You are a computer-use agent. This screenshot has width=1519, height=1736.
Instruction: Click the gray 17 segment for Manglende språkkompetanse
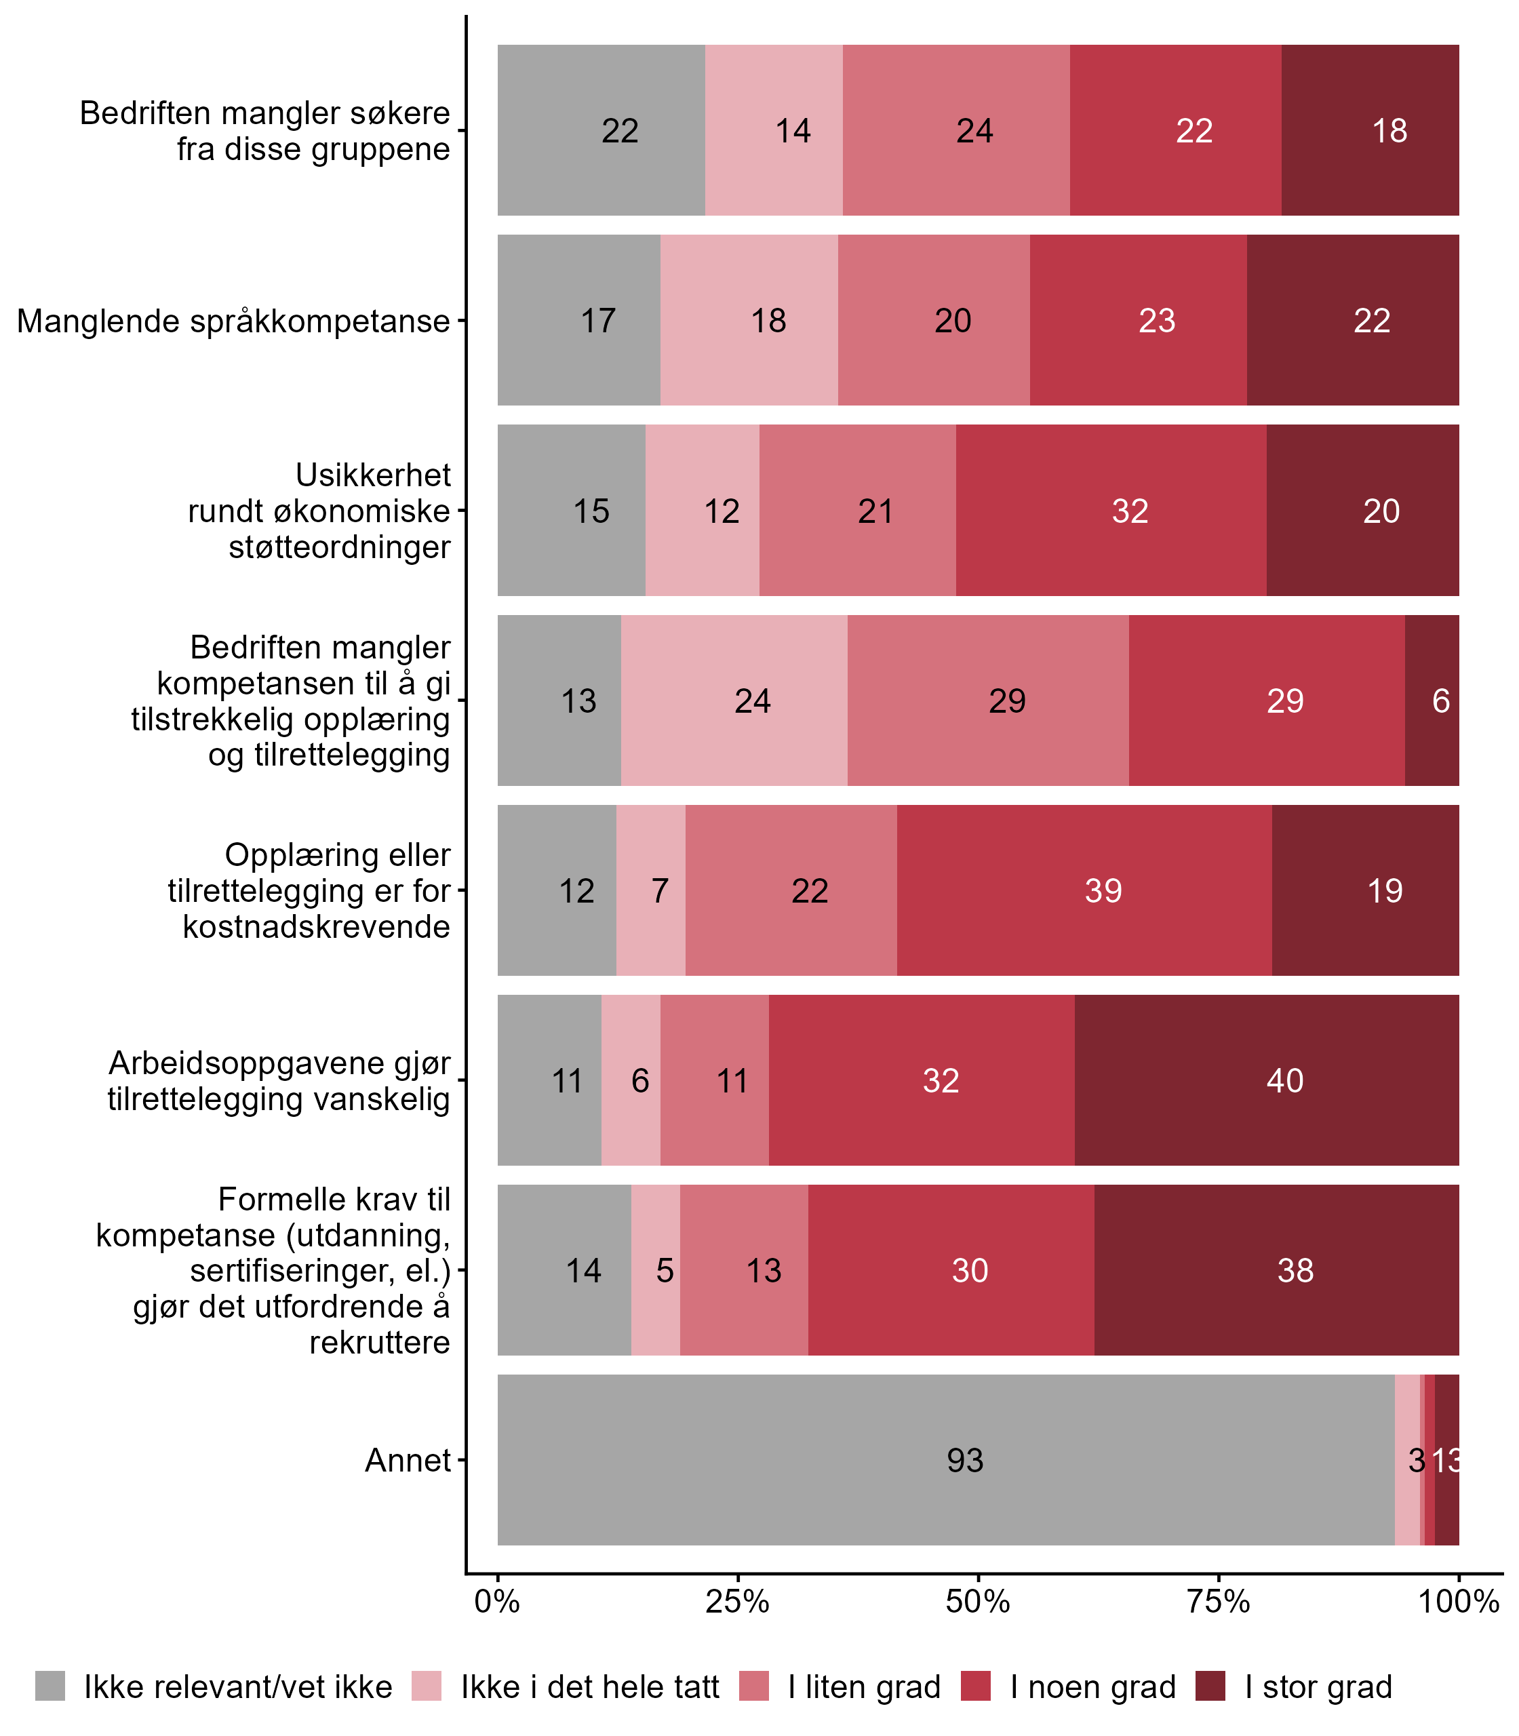click(x=579, y=320)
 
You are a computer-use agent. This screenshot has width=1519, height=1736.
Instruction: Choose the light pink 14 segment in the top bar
click(x=774, y=130)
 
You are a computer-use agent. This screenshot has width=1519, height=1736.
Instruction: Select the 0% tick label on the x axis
click(x=496, y=1601)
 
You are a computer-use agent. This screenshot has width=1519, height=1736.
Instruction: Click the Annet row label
click(x=408, y=1461)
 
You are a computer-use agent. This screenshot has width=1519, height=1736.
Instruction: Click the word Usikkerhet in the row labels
click(x=373, y=475)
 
